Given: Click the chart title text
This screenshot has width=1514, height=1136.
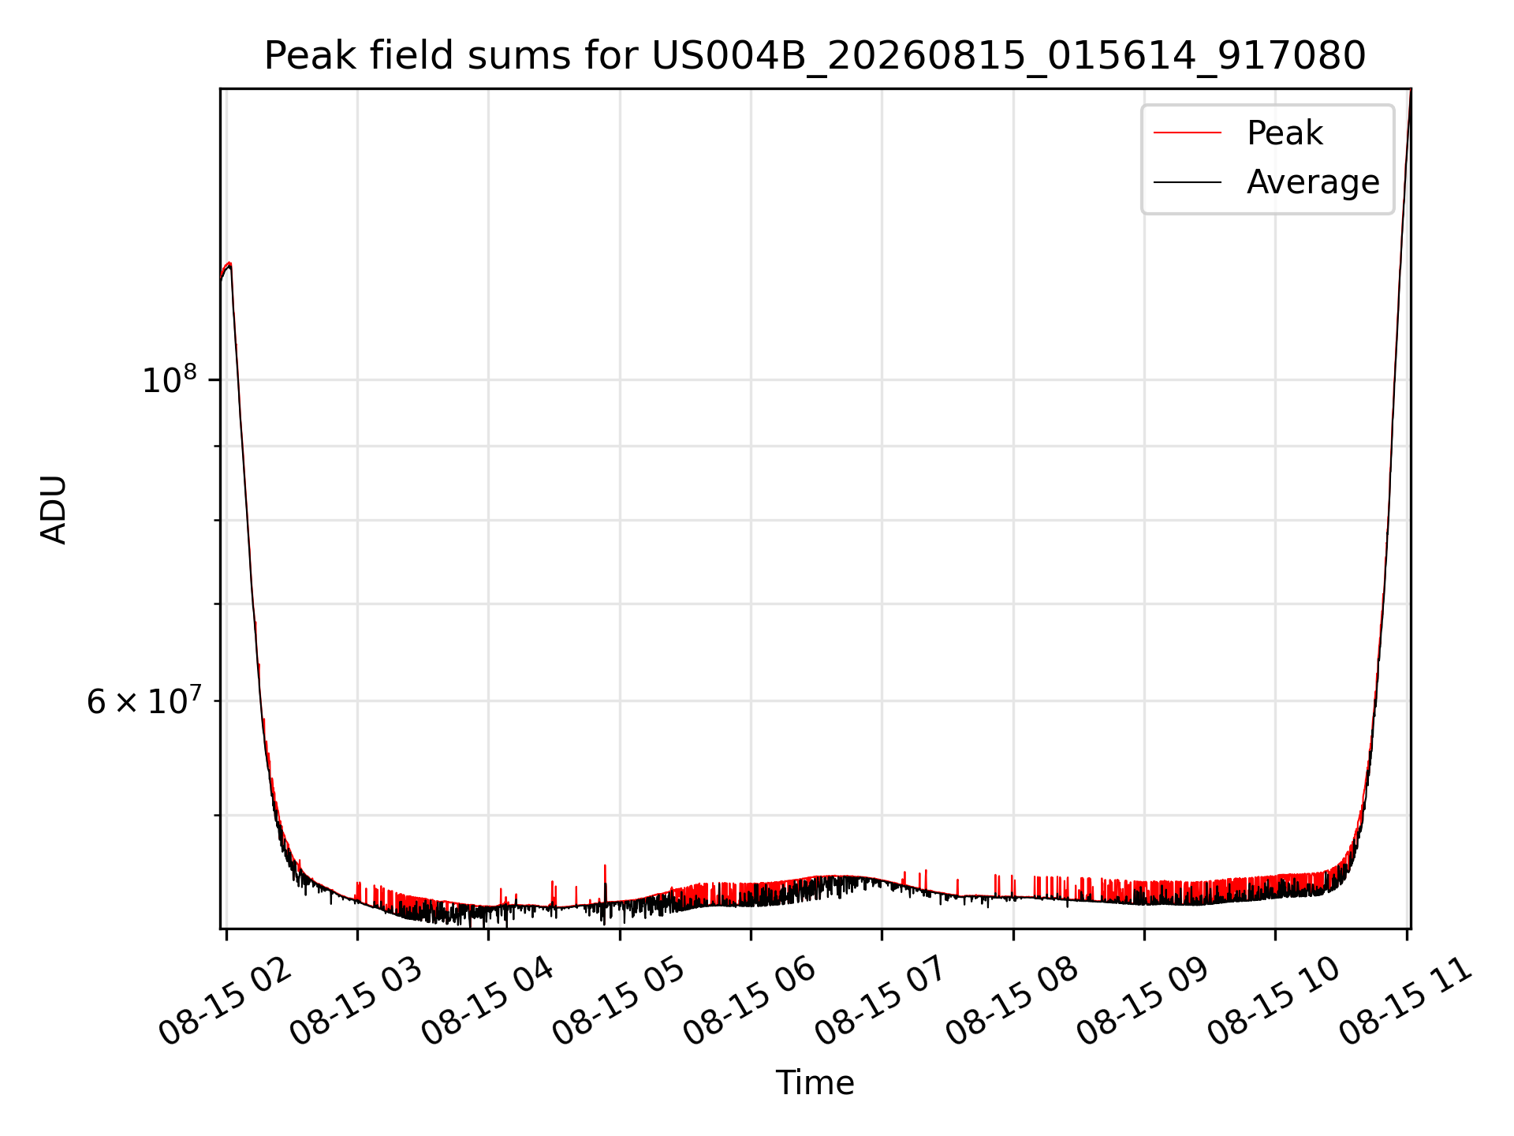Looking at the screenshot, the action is pos(815,56).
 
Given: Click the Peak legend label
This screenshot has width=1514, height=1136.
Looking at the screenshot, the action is pos(1285,133).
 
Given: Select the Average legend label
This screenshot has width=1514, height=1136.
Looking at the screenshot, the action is pos(1313,182).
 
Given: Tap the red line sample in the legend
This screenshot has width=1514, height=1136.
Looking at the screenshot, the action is pos(1188,133).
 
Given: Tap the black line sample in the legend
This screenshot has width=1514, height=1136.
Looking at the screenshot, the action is pos(1188,182).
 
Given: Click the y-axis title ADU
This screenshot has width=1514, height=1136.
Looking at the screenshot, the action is pos(54,509).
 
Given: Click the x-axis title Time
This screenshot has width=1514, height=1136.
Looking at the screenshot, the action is pos(815,1082).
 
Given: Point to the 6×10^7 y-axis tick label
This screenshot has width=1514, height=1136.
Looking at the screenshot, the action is pos(143,700).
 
